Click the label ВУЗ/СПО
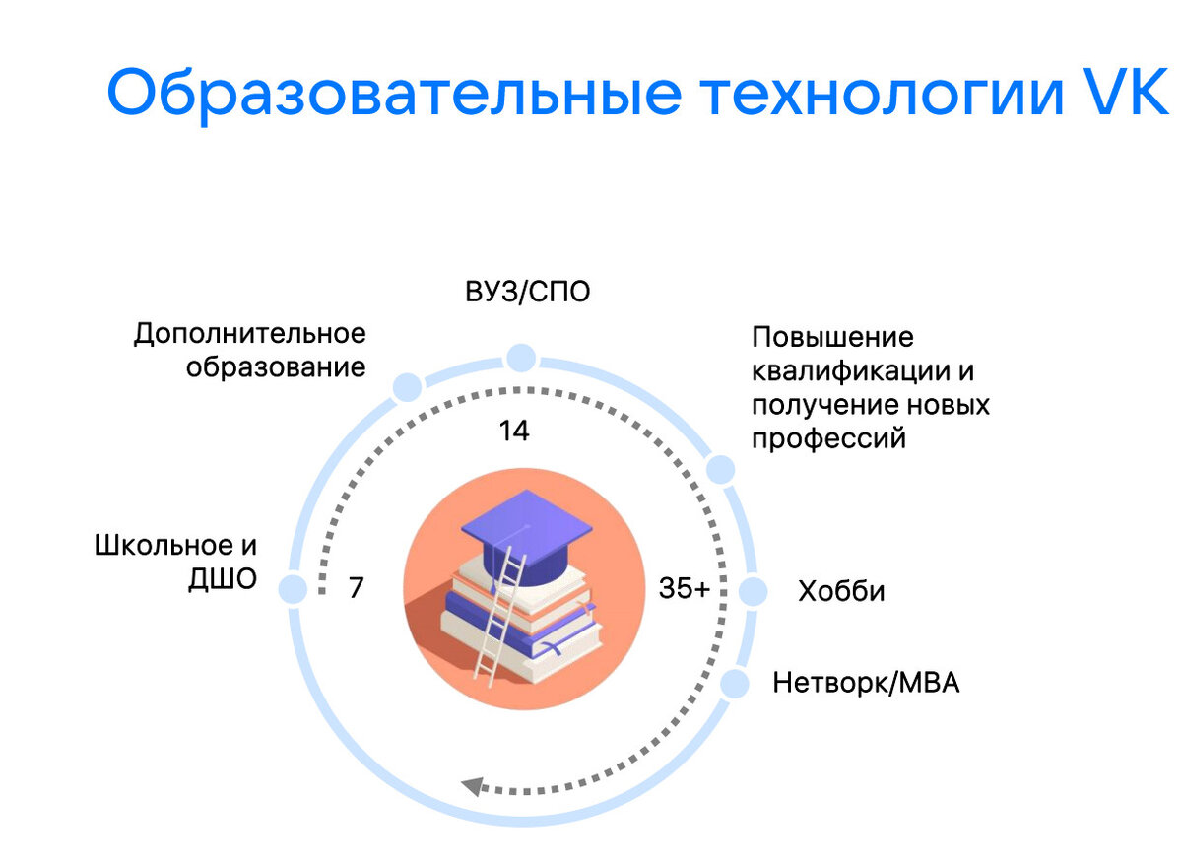(528, 293)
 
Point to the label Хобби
(841, 591)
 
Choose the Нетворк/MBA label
(866, 682)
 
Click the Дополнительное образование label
(250, 350)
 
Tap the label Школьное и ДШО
(176, 562)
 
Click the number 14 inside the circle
(514, 431)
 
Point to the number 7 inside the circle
(357, 588)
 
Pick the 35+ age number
(684, 589)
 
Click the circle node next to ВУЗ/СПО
(520, 358)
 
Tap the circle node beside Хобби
(753, 591)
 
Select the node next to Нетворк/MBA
(735, 682)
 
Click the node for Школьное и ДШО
(292, 589)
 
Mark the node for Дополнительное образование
(407, 387)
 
